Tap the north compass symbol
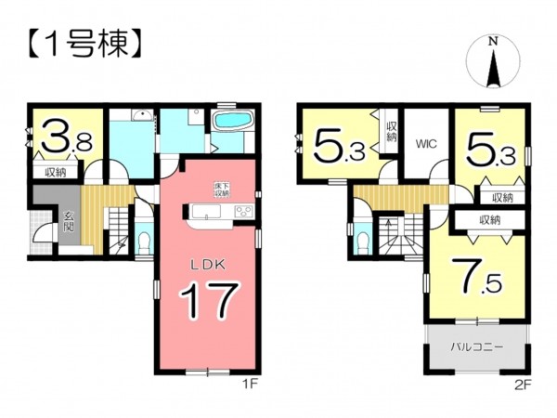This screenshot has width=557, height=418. [494, 62]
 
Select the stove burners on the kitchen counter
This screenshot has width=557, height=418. [242, 212]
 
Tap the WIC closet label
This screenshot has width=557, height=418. [426, 144]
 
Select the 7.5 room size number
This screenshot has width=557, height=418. [476, 275]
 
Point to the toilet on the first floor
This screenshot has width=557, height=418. [143, 243]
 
